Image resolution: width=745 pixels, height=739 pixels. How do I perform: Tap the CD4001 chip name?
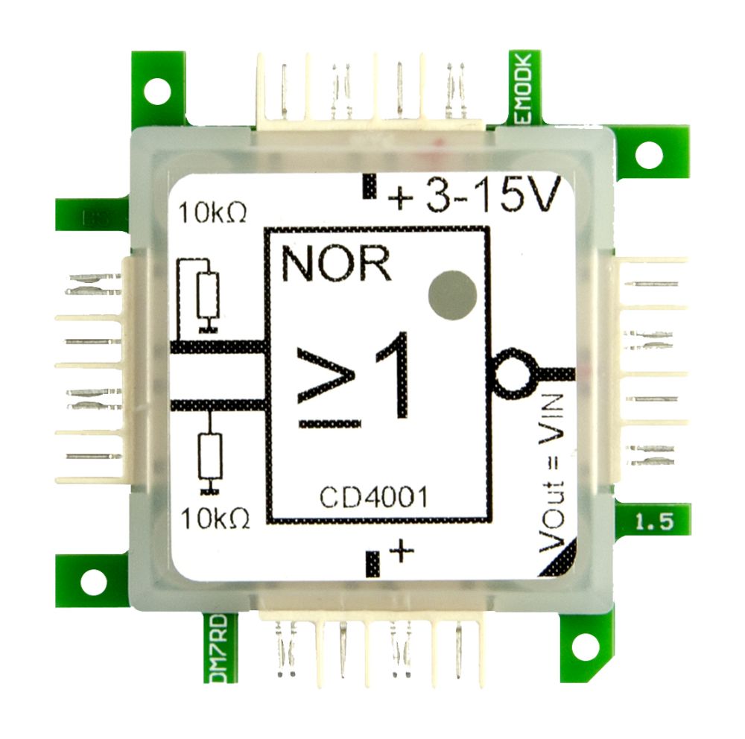pyautogui.click(x=374, y=497)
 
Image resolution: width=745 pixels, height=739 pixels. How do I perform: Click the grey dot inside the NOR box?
pyautogui.click(x=452, y=296)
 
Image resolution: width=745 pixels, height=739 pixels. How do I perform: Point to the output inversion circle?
pyautogui.click(x=512, y=372)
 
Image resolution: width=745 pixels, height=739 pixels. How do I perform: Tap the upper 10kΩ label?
pyautogui.click(x=212, y=214)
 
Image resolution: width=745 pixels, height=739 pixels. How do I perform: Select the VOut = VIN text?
pyautogui.click(x=556, y=474)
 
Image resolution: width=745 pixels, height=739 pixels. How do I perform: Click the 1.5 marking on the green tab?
pyautogui.click(x=654, y=521)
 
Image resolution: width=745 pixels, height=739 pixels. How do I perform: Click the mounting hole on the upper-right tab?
pyautogui.click(x=648, y=154)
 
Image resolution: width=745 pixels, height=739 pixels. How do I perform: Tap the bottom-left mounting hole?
pyautogui.click(x=93, y=582)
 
